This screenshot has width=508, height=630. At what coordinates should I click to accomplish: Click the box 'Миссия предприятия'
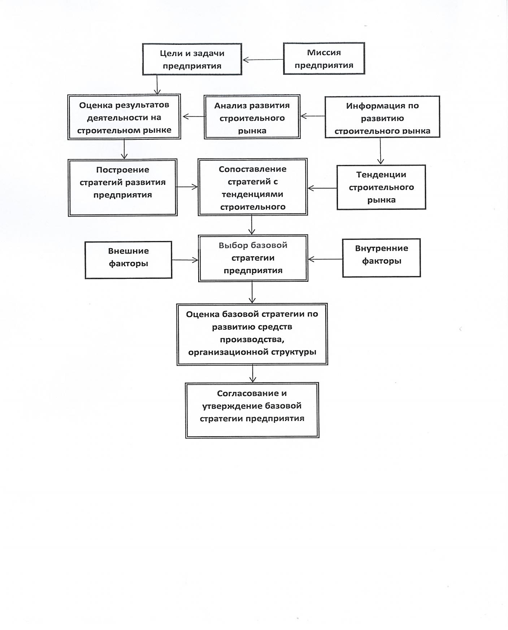tap(324, 59)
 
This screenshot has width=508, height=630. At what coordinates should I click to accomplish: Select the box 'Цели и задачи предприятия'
tap(192, 59)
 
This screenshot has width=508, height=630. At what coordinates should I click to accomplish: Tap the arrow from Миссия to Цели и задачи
tap(263, 60)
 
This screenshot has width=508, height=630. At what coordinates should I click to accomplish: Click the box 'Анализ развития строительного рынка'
tap(252, 117)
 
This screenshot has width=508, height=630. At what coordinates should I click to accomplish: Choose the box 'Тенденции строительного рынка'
tap(381, 187)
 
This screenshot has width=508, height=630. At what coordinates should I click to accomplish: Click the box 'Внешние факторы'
tap(129, 260)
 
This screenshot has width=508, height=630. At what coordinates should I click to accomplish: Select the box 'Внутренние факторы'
tap(382, 258)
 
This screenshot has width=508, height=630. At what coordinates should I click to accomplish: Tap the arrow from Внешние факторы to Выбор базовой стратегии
tap(185, 260)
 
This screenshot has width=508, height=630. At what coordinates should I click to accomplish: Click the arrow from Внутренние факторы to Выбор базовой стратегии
tap(325, 259)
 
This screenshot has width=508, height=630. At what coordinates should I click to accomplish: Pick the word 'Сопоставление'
tap(253, 169)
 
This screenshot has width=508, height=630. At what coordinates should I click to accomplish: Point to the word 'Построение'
tap(123, 170)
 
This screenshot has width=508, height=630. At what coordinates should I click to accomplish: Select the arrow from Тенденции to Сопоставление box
tap(322, 188)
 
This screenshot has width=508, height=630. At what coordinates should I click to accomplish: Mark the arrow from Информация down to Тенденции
tap(380, 151)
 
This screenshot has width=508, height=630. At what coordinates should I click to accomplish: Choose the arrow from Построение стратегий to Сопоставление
tap(187, 187)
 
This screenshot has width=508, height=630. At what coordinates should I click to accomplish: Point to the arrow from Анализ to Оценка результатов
tap(194, 116)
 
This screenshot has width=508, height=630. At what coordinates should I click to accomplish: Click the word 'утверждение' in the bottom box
tap(232, 406)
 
